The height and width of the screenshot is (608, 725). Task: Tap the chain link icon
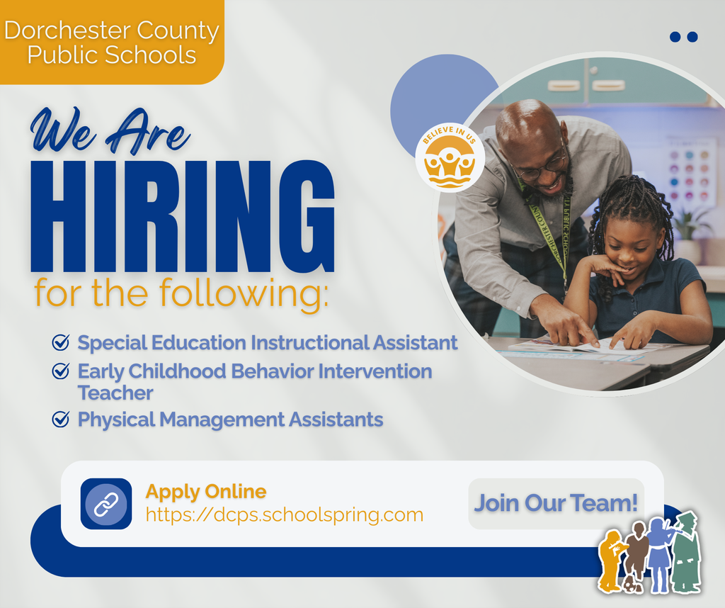tap(106, 504)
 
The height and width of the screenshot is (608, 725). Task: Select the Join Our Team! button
tap(556, 503)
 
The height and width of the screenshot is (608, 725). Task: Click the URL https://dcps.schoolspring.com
tap(284, 514)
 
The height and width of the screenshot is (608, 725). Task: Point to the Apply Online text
tap(206, 491)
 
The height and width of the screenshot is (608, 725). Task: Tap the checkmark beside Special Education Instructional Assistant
tap(61, 344)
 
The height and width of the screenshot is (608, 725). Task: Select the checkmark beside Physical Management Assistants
tap(61, 420)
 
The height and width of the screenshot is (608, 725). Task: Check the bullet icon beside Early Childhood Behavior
tap(61, 371)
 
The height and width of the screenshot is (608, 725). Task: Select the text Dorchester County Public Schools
tap(111, 43)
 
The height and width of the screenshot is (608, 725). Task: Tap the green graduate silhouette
tap(685, 553)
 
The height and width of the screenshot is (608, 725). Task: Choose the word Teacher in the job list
tap(115, 393)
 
